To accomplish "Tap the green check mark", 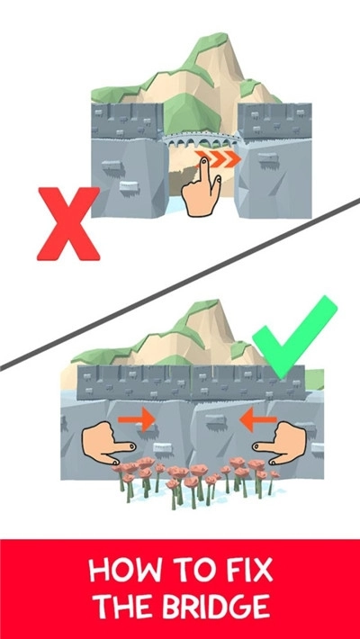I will point(293,337).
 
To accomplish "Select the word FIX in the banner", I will point(245,570).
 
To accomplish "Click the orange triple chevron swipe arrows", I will point(228,161).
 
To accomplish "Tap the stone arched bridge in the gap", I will point(200,139).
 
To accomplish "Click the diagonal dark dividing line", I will point(180,283).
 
